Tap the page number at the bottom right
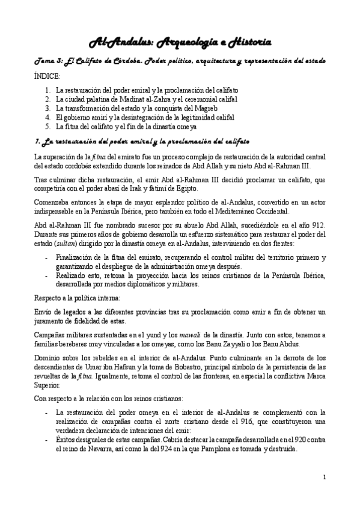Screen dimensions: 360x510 pyautogui.click(x=324, y=478)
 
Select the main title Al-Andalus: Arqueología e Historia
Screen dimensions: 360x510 pyautogui.click(x=180, y=41)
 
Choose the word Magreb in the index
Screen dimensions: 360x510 pyautogui.click(x=226, y=108)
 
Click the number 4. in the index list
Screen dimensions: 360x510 pyautogui.click(x=48, y=117)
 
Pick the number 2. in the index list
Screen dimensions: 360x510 pyautogui.click(x=48, y=99)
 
